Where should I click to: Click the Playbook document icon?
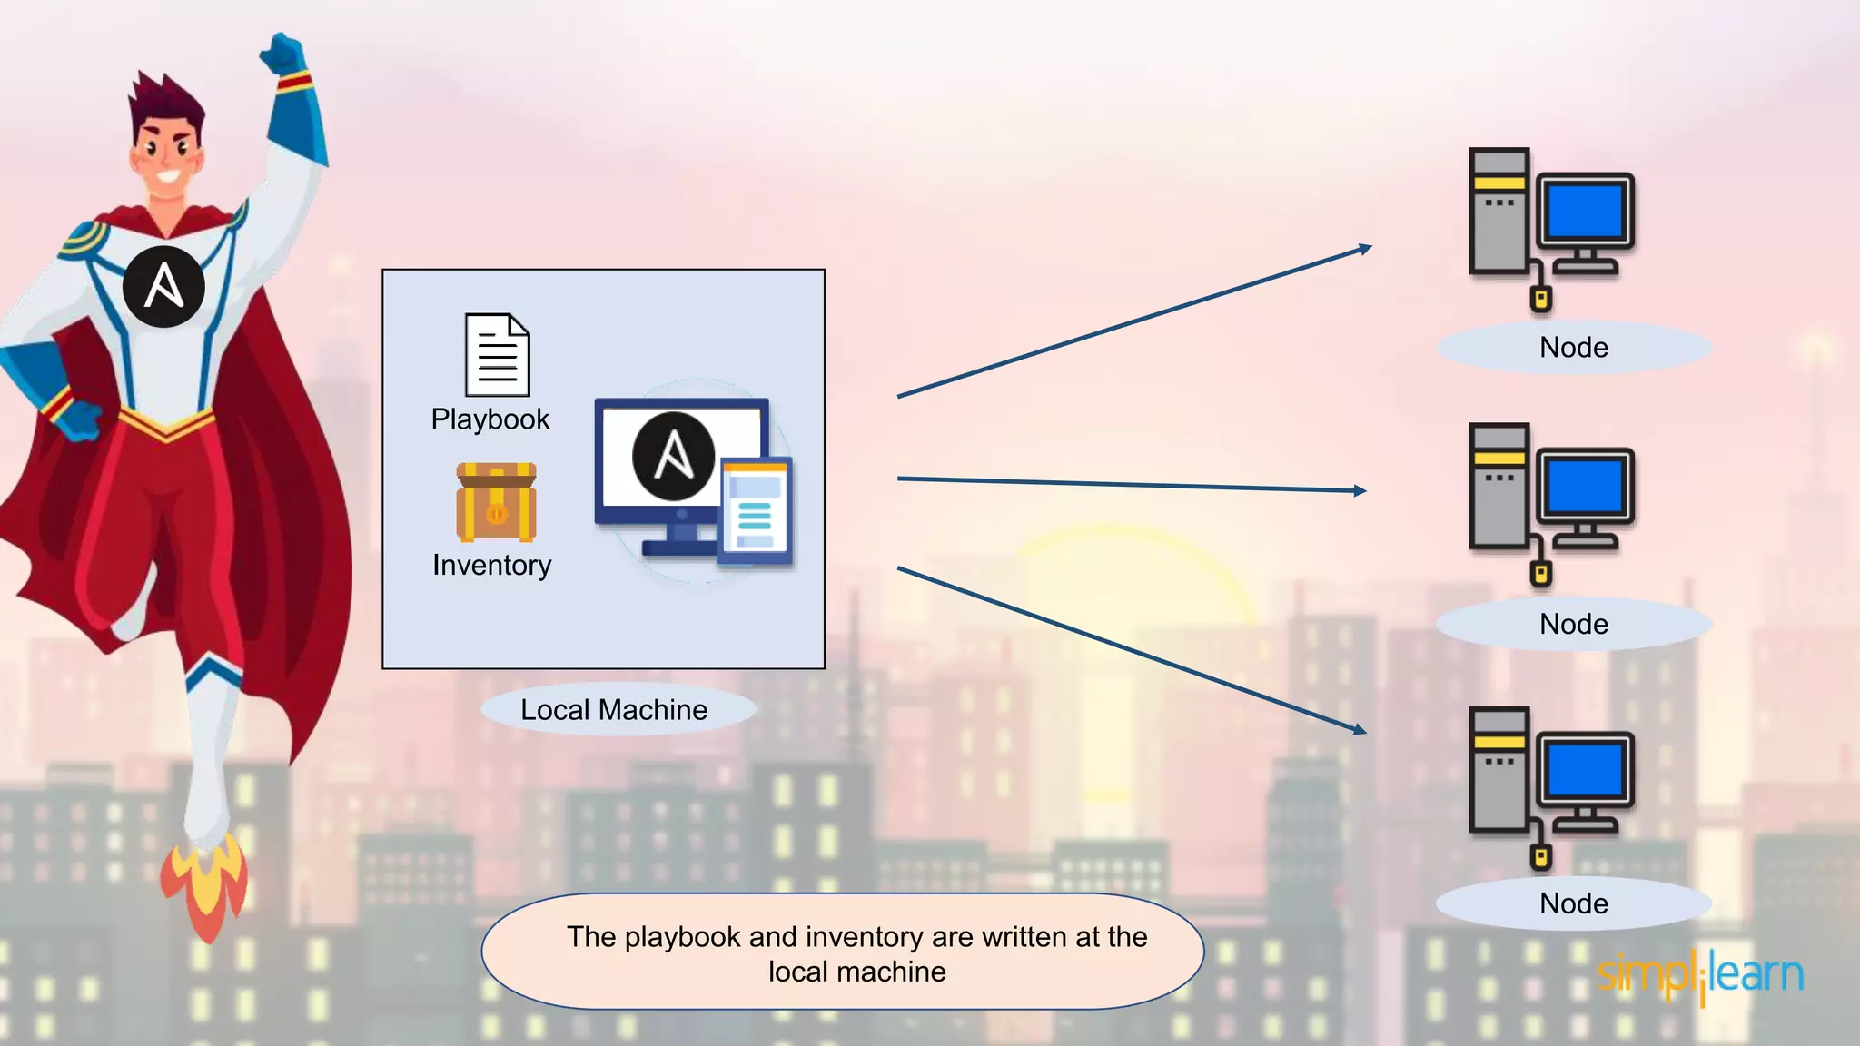(x=497, y=355)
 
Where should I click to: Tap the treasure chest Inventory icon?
(x=496, y=502)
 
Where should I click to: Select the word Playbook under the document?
(x=490, y=419)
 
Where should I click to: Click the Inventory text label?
(x=491, y=566)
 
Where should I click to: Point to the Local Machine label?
(x=614, y=710)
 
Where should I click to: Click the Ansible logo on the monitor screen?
(x=673, y=456)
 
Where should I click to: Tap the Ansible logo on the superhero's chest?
(x=163, y=286)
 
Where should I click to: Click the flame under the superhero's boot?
(x=203, y=885)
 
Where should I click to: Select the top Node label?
(x=1573, y=348)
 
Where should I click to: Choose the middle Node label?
(x=1573, y=625)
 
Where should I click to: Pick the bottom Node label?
(x=1573, y=904)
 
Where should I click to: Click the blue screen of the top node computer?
(x=1585, y=210)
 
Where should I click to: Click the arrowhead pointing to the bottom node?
(x=1360, y=729)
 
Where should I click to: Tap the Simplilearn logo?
(x=1700, y=975)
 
